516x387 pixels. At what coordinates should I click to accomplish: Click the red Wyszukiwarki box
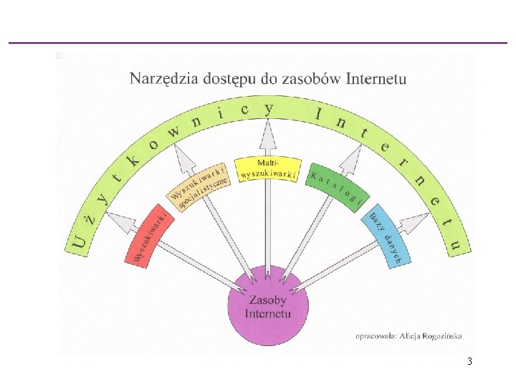149,236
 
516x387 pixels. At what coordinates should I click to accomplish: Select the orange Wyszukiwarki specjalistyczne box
199,186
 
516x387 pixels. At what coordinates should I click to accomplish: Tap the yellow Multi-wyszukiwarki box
268,169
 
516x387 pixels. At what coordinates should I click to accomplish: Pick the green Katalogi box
338,187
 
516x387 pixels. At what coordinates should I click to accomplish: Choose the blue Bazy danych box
386,236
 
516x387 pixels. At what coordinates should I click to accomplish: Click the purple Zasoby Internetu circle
268,305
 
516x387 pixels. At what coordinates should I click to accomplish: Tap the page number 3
469,361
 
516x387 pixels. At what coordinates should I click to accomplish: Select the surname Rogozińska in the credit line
442,336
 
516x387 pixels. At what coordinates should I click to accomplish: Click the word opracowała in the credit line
376,336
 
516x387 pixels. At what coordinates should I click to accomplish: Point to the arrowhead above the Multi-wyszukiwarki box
268,134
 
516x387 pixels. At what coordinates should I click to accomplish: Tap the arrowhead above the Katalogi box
351,159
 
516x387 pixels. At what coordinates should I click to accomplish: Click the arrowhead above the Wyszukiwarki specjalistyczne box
185,159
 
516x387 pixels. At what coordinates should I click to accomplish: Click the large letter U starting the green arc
79,244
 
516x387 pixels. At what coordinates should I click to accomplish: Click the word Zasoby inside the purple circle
268,300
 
